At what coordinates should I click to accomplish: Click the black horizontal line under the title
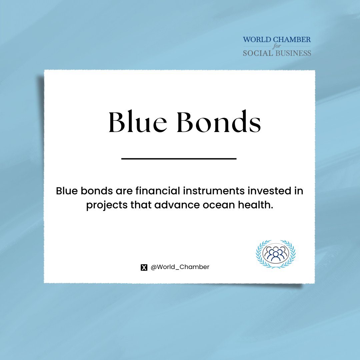click(179, 159)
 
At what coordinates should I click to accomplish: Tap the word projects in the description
click(107, 205)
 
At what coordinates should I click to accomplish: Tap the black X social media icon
click(144, 267)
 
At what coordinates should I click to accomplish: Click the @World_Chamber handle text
click(180, 267)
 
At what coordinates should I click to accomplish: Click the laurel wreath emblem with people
click(276, 254)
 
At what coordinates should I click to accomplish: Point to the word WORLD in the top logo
click(257, 40)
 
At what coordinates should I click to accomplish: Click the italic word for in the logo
click(277, 46)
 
